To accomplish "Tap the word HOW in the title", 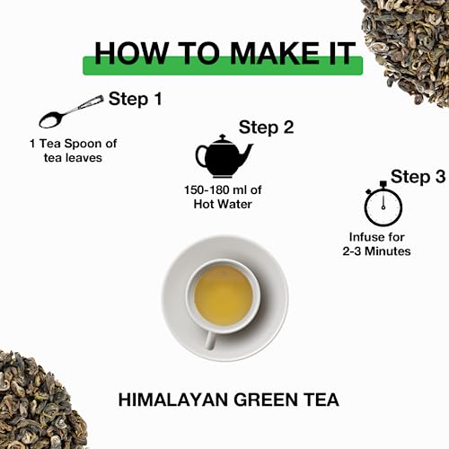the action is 130,53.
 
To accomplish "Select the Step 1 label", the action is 136,99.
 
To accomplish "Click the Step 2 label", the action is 266,128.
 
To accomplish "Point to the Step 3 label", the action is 418,176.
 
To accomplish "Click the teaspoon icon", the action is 71,111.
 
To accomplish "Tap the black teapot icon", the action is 224,156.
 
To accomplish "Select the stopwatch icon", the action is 383,204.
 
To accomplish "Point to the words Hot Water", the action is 223,204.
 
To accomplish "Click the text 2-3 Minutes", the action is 376,251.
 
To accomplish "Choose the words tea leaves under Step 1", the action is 73,158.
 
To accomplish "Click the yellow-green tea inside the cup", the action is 224,295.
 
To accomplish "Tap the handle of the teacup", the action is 210,339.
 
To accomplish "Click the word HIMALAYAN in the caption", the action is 173,400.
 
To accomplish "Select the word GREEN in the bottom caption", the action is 265,400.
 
